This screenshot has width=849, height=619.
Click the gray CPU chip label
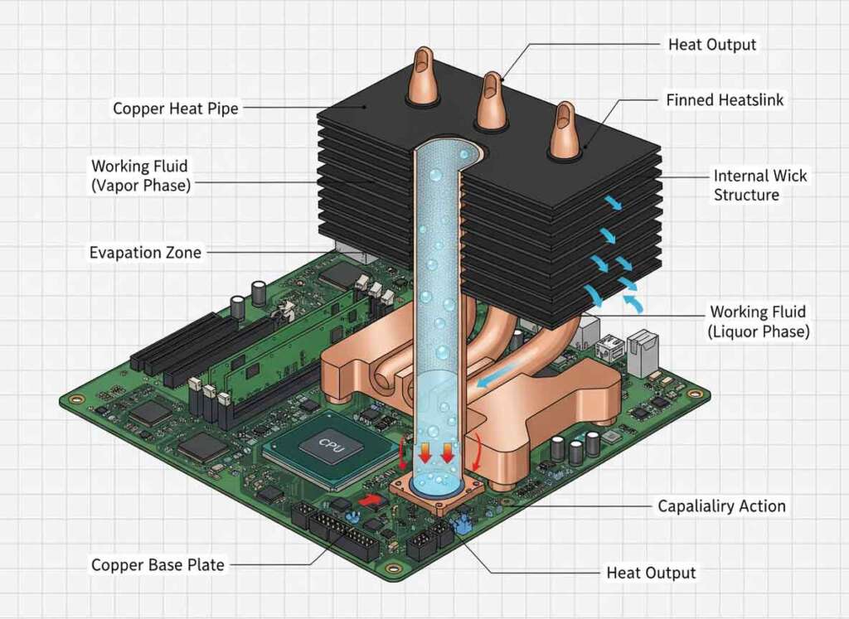point(329,444)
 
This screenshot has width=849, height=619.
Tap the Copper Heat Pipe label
point(176,109)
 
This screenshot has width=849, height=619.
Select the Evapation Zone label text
point(145,252)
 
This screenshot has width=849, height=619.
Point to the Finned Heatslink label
point(725,100)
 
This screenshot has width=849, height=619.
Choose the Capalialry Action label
point(721,505)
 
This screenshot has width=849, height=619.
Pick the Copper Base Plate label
point(158,565)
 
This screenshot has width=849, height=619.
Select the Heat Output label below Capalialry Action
point(651,573)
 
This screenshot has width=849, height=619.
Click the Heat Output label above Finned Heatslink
point(712,44)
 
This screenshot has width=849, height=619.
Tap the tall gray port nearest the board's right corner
point(643,347)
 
